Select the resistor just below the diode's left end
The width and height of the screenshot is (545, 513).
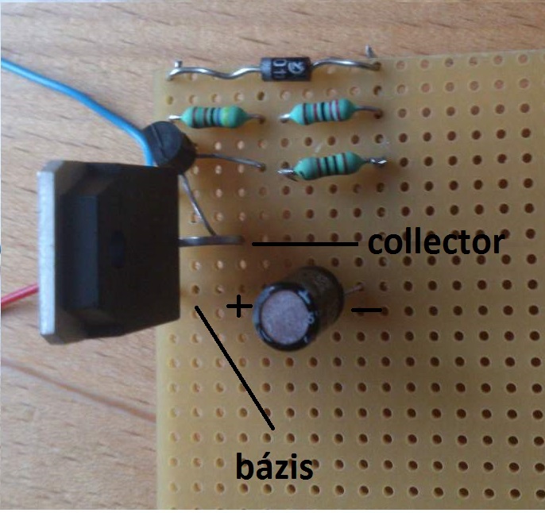[x=211, y=117]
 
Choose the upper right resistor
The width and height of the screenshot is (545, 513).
[x=319, y=113]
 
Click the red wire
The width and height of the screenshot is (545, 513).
[x=16, y=298]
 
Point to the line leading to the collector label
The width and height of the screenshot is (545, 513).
[x=306, y=245]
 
